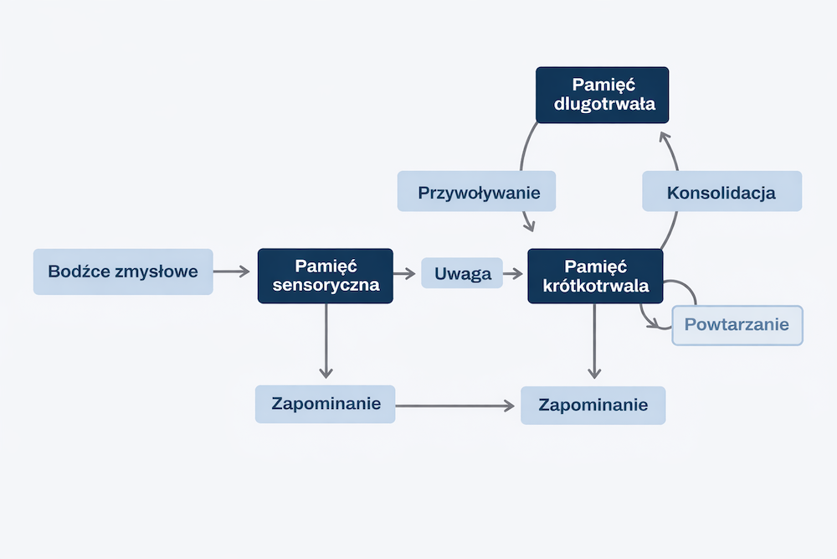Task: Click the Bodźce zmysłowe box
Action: point(123,272)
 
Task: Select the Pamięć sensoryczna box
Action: point(325,276)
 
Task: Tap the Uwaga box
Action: point(462,273)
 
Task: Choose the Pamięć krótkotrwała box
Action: point(595,276)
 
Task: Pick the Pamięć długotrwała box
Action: point(602,95)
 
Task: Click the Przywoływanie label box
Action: point(475,192)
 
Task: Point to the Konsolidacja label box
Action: point(721,192)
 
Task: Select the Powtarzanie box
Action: point(737,325)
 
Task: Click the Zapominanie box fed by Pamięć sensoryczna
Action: point(325,404)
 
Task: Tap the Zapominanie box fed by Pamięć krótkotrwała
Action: point(593,405)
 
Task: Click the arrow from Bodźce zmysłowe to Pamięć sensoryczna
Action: point(232,272)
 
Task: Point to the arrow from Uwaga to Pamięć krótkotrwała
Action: point(513,273)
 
